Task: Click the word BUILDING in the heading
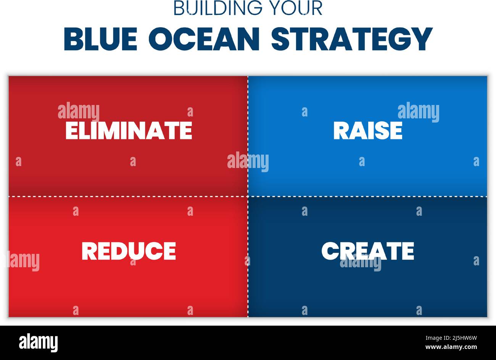218,8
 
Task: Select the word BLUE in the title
100,39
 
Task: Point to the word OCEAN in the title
204,39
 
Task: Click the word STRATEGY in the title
352,39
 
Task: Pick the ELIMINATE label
129,131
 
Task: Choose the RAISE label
368,131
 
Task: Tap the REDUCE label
129,251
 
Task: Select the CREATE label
368,251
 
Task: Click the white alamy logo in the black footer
38,342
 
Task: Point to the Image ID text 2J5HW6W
451,338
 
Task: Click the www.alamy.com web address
451,347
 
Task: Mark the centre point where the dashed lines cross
248,197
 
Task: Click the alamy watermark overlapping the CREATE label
361,262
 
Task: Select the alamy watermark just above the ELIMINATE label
79,112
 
